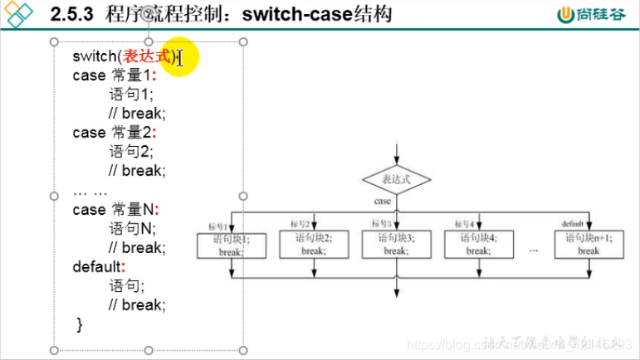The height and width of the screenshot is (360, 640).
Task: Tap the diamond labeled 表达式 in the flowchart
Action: (x=398, y=179)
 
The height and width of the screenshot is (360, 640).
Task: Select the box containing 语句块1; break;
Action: (x=231, y=244)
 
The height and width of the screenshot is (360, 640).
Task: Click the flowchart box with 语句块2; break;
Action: (x=313, y=244)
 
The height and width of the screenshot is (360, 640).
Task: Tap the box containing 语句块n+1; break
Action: (x=589, y=244)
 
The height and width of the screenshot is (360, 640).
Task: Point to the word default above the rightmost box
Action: (x=573, y=224)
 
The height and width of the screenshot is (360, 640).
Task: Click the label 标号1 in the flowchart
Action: (x=217, y=226)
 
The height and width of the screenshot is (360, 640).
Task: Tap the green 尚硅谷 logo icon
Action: (x=566, y=14)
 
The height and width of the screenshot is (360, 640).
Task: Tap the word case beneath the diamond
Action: (x=383, y=202)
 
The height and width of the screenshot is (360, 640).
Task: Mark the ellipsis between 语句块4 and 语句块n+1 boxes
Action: (x=533, y=248)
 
